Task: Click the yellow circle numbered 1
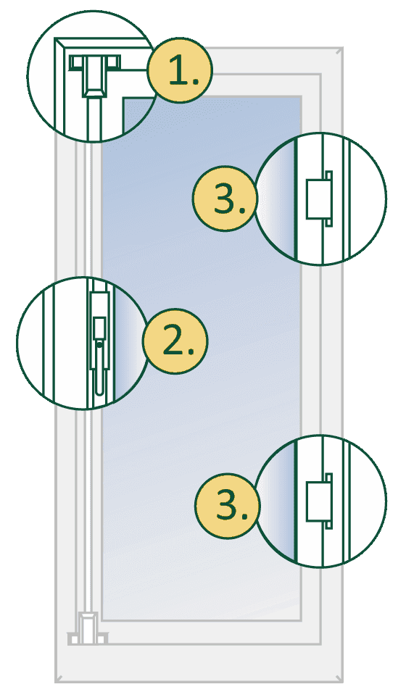tap(180, 70)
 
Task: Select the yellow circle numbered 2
tap(175, 341)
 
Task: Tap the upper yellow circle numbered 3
tap(225, 199)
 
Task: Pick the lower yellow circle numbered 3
tap(228, 505)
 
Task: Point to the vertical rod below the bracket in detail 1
tap(95, 119)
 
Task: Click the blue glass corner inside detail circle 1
tap(137, 113)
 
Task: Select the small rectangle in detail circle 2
tap(99, 328)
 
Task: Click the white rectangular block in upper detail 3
tap(318, 199)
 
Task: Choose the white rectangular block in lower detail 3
tap(318, 501)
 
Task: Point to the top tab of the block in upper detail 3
tap(329, 175)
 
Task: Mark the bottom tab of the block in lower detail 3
tap(329, 525)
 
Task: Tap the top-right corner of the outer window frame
tap(342, 47)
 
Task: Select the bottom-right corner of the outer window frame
tap(342, 682)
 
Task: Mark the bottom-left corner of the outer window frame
tap(57, 682)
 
